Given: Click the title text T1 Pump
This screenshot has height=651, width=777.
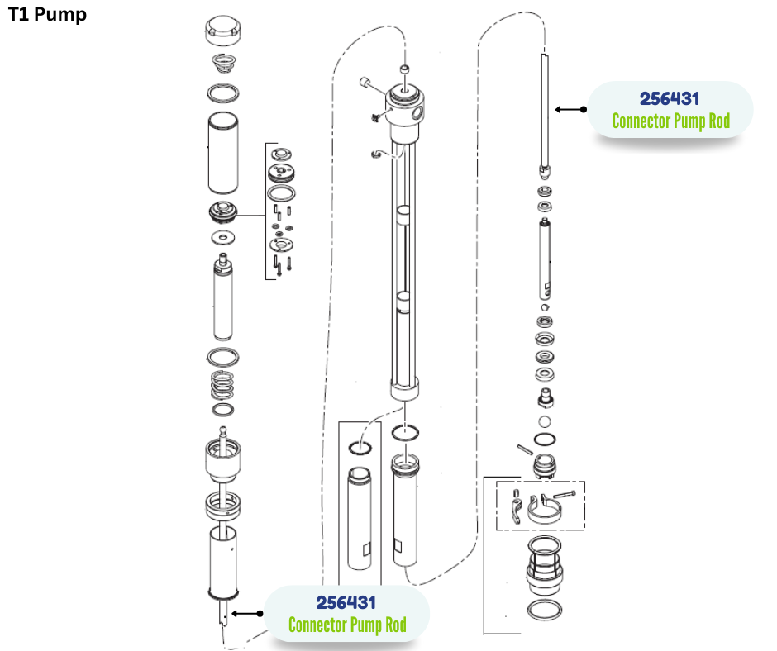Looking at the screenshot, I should click(47, 15).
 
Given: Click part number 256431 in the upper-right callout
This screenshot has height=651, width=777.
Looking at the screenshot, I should click(670, 99).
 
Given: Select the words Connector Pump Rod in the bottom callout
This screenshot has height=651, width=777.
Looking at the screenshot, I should click(347, 625).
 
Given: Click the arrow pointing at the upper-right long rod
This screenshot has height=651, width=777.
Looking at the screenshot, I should click(571, 108).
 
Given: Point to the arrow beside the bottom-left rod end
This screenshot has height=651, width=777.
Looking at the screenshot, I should click(247, 613).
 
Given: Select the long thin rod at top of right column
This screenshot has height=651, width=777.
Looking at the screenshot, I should click(544, 107).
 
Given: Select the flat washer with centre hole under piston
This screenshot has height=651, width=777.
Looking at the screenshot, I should click(222, 238).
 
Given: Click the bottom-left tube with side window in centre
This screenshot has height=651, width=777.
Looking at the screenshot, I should click(361, 519).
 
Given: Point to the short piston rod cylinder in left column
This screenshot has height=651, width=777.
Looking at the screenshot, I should click(223, 299).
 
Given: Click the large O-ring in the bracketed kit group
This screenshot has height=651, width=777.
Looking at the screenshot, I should click(284, 193).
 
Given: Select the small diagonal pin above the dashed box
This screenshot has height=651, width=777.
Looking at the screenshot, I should click(523, 449).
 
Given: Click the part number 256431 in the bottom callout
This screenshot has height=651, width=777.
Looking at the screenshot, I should click(346, 602).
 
